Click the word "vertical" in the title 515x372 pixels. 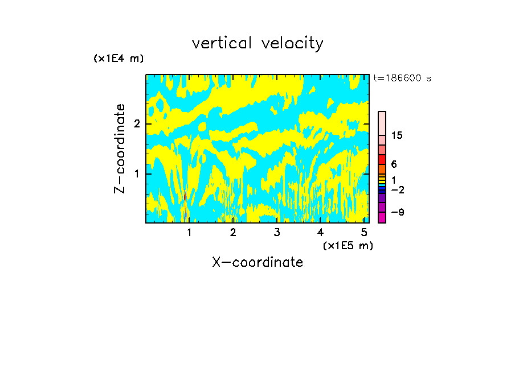[x=222, y=43]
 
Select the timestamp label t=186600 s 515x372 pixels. [x=402, y=78]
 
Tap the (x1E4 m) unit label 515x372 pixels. [x=118, y=59]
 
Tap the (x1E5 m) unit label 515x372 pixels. [x=348, y=245]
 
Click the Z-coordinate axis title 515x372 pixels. [x=119, y=148]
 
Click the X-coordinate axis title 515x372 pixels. [x=257, y=262]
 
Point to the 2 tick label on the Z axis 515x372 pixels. [x=137, y=124]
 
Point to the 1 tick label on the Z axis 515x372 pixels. [x=137, y=173]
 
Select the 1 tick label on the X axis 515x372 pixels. [x=189, y=233]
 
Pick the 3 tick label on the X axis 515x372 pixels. [x=277, y=233]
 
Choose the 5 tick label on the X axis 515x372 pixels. [x=364, y=233]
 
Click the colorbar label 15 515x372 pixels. [x=397, y=135]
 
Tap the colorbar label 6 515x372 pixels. [x=394, y=164]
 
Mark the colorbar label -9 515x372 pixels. [x=398, y=212]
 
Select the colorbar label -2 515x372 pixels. [x=398, y=189]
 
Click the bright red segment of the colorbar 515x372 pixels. [x=382, y=159]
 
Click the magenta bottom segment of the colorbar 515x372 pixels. [x=382, y=217]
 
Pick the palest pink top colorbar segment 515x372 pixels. [x=382, y=123]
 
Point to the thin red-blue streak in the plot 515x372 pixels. [x=185, y=204]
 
